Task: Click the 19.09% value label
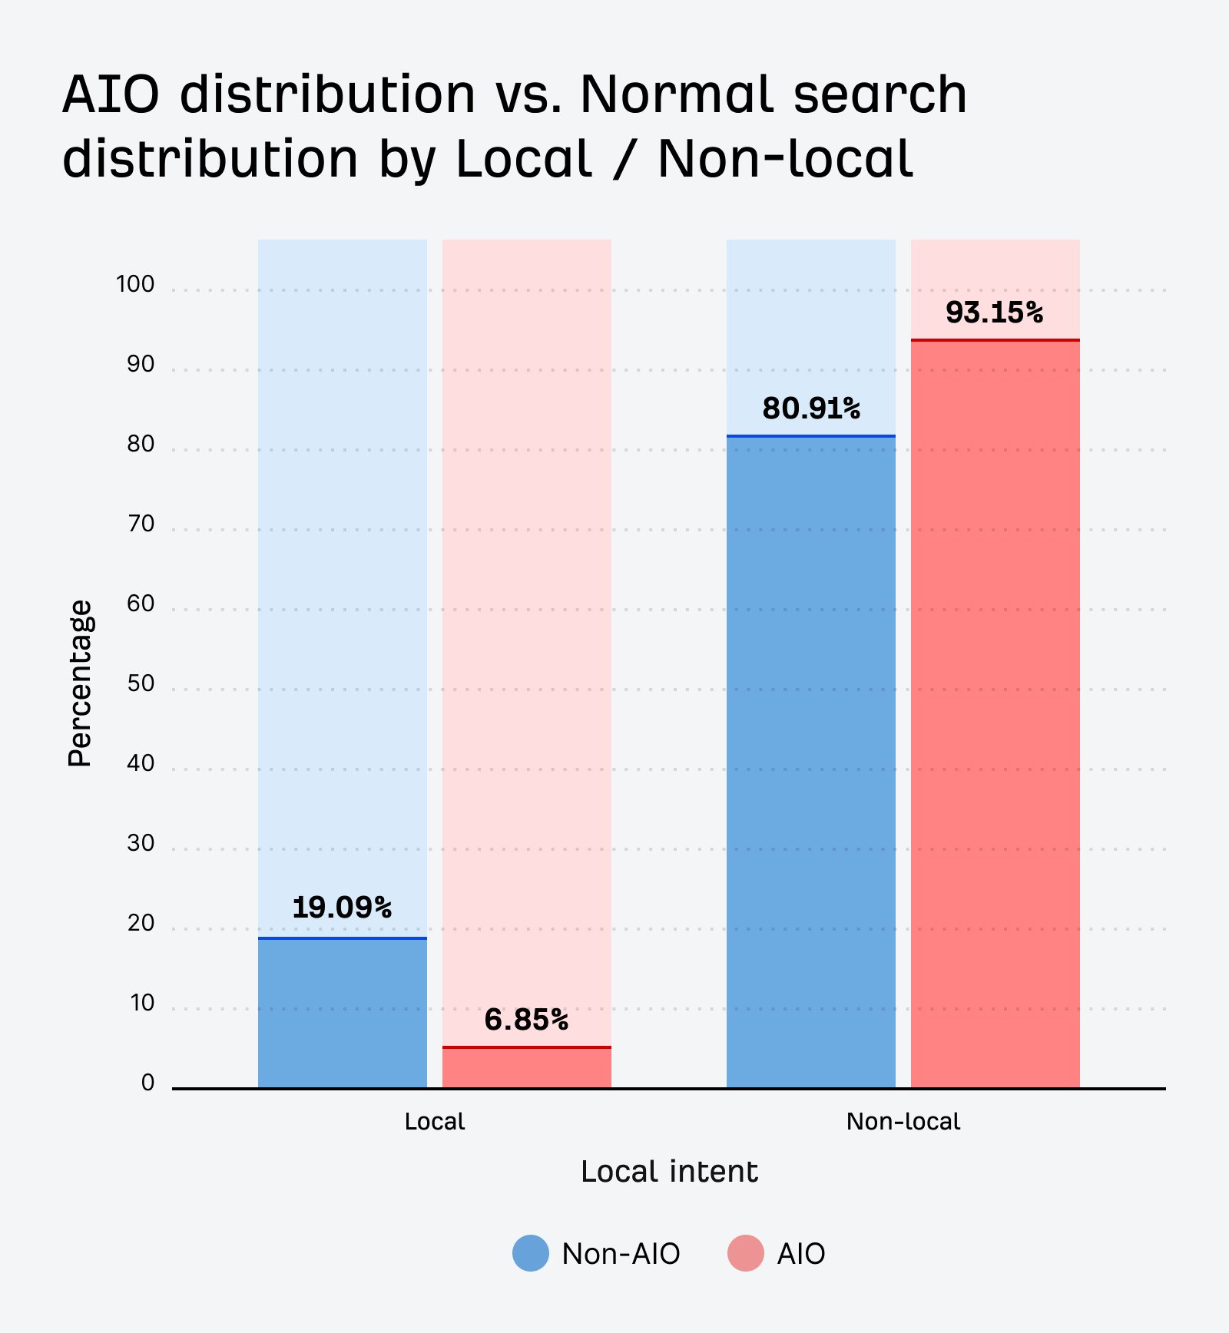[x=342, y=908]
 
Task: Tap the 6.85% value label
[x=526, y=1020]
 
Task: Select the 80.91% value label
[x=811, y=408]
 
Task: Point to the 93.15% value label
[x=995, y=313]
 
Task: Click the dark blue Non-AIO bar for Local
[x=342, y=1014]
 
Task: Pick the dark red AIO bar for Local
[x=526, y=1068]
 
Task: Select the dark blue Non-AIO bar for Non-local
[x=811, y=760]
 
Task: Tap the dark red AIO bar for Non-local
[x=995, y=714]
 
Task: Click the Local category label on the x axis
[x=435, y=1122]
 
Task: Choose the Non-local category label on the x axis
[x=903, y=1122]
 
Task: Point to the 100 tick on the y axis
[x=135, y=285]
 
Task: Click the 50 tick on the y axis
[x=141, y=683]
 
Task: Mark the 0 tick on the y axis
[x=147, y=1083]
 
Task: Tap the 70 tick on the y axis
[x=141, y=524]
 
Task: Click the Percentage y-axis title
[x=79, y=683]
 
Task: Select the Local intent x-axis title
[x=669, y=1172]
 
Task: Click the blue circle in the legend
[x=531, y=1253]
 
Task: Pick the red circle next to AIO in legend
[x=746, y=1253]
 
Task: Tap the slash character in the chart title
[x=624, y=159]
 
